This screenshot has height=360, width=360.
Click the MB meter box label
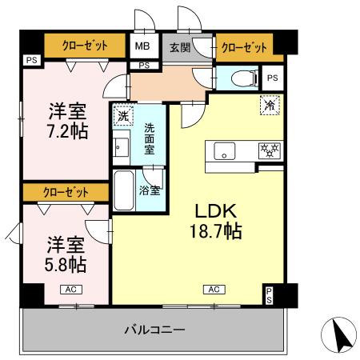pyautogui.click(x=142, y=46)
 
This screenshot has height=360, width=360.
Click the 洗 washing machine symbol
pyautogui.click(x=122, y=116)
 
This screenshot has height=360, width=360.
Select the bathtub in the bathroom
pyautogui.click(x=123, y=190)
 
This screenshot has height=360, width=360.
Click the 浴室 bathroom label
pyautogui.click(x=150, y=190)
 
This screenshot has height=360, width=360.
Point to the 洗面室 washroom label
pyautogui.click(x=150, y=138)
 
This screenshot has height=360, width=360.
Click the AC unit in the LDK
pyautogui.click(x=214, y=290)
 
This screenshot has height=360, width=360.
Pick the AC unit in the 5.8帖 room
pyautogui.click(x=70, y=290)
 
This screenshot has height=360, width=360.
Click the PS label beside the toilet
pyautogui.click(x=272, y=78)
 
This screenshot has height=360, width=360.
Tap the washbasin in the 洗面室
pyautogui.click(x=122, y=146)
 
